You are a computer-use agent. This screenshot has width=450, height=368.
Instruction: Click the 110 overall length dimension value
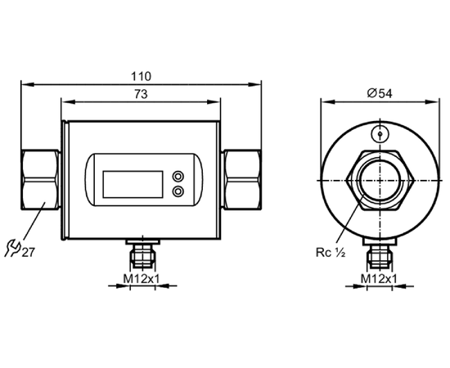(x=141, y=77)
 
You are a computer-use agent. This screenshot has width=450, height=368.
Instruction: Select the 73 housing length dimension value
(x=141, y=94)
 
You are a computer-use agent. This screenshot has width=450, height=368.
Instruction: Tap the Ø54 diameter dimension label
(x=380, y=93)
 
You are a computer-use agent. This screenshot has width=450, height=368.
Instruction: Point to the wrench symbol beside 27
(x=12, y=248)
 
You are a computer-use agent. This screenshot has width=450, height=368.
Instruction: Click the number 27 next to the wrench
(x=28, y=252)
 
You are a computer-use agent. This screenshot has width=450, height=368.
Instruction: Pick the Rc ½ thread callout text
(x=331, y=253)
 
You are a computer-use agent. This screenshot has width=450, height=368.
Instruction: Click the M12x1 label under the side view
(x=141, y=278)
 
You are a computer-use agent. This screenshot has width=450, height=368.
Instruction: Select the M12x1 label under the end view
(x=379, y=278)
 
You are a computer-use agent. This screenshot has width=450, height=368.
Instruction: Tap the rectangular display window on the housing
(x=133, y=184)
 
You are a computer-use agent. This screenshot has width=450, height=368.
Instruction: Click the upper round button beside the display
(x=178, y=176)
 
